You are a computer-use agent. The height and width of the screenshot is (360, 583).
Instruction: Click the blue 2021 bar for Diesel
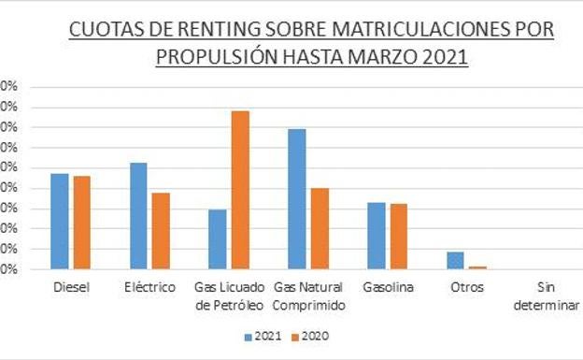[x=60, y=222]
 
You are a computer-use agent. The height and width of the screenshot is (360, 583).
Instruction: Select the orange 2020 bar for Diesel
[x=81, y=223]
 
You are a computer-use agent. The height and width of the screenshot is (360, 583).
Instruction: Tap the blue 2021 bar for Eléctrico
[x=139, y=216]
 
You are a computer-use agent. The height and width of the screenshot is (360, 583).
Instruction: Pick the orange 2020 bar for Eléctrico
[x=161, y=231]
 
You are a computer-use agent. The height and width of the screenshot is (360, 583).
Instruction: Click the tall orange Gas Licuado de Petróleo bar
[x=240, y=190]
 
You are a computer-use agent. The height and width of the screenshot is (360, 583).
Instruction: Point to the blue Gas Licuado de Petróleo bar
[x=218, y=239]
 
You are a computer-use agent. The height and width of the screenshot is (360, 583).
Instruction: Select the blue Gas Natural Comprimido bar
[x=297, y=199]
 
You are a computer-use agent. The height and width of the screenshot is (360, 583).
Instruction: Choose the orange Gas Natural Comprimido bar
[x=320, y=229]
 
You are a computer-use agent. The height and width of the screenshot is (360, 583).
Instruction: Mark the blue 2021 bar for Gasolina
[x=377, y=236]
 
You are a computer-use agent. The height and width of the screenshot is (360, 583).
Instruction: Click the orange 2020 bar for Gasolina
[x=398, y=237]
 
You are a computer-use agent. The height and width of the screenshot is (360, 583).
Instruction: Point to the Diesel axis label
[x=71, y=287]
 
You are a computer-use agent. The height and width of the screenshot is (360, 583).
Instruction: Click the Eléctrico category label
[x=149, y=287]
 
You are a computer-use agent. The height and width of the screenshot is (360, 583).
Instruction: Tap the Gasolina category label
[x=387, y=287]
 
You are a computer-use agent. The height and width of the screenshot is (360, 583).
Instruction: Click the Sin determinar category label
[x=547, y=295]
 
